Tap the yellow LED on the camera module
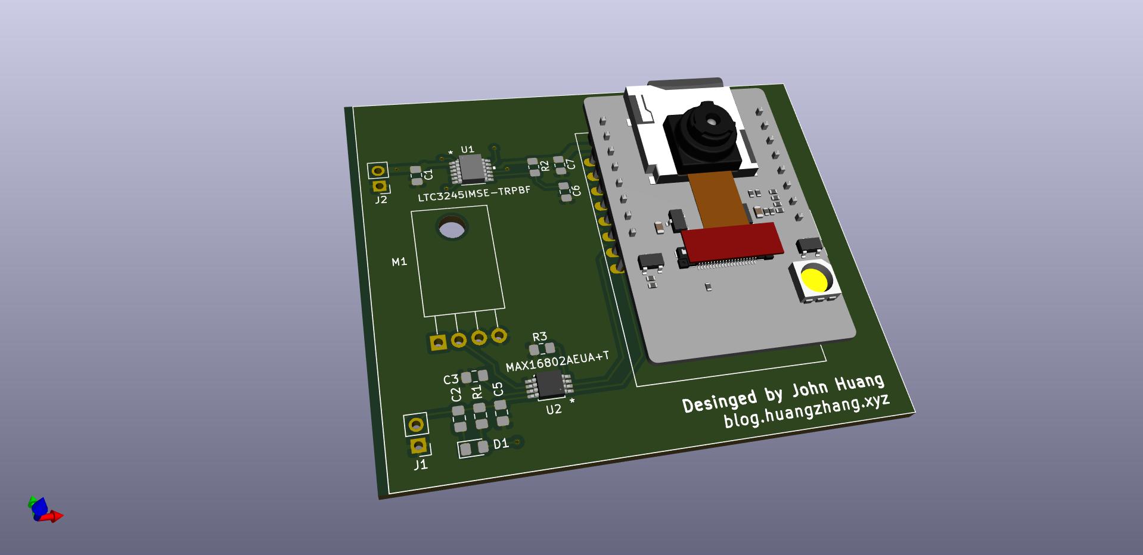[815, 279]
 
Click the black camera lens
[703, 134]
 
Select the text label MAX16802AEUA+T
[558, 361]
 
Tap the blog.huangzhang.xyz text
[807, 410]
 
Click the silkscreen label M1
[399, 261]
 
